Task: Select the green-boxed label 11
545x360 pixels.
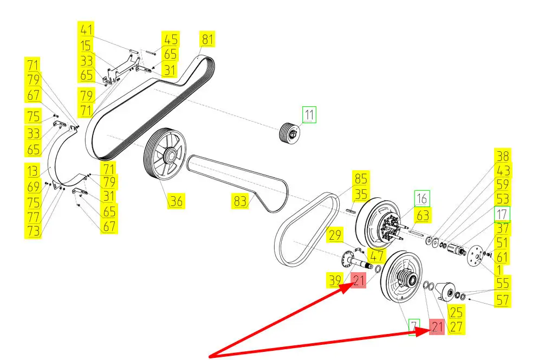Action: (x=309, y=115)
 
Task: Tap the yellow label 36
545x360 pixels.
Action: (x=176, y=201)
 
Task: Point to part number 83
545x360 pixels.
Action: (x=239, y=201)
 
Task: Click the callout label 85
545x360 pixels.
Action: (x=361, y=178)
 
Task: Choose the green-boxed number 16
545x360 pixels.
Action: (x=422, y=197)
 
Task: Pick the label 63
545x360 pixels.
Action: (x=423, y=216)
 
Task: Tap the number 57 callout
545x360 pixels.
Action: (x=502, y=299)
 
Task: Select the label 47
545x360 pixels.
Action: (x=375, y=255)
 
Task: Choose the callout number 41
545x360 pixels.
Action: (x=86, y=29)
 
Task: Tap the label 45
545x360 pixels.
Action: (x=171, y=39)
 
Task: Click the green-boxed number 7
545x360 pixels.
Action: (x=414, y=326)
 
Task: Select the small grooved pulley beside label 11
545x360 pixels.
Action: (x=288, y=133)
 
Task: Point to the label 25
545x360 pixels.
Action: (x=456, y=311)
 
